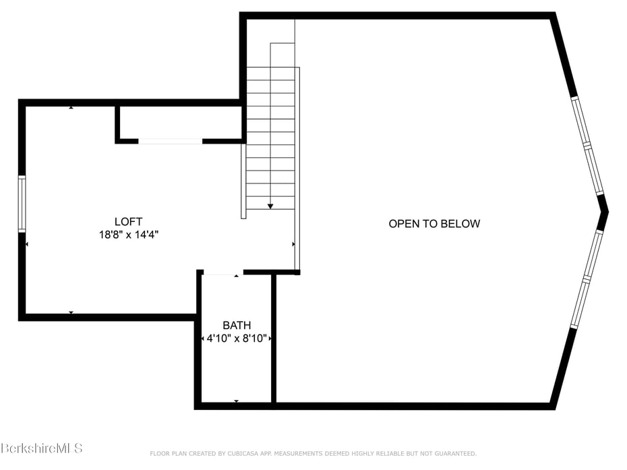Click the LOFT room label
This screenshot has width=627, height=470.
click(x=128, y=221)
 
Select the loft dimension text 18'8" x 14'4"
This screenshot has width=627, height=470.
click(x=128, y=235)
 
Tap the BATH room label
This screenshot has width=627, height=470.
click(x=237, y=326)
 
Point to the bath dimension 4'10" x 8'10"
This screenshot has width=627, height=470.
click(x=237, y=339)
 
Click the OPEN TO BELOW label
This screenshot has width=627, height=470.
click(x=434, y=224)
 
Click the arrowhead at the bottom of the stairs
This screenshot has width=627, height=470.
click(x=270, y=206)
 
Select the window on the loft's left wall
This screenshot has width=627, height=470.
click(x=22, y=204)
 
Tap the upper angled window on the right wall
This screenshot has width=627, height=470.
click(x=587, y=145)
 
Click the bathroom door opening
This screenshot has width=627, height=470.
click(x=222, y=273)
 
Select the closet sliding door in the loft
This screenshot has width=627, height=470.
click(x=170, y=141)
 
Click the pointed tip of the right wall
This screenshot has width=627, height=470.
click(x=605, y=212)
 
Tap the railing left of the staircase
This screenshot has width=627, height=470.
click(x=243, y=181)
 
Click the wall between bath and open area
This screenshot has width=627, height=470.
click(x=274, y=337)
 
